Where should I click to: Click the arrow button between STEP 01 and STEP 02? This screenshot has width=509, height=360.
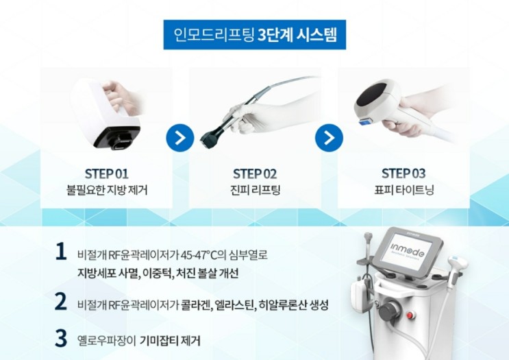180,138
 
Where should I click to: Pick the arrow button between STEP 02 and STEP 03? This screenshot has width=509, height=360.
329,138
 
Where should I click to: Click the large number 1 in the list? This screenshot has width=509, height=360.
61,252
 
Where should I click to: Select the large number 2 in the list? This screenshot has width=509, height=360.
61,301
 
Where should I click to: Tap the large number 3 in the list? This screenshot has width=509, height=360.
61,337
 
